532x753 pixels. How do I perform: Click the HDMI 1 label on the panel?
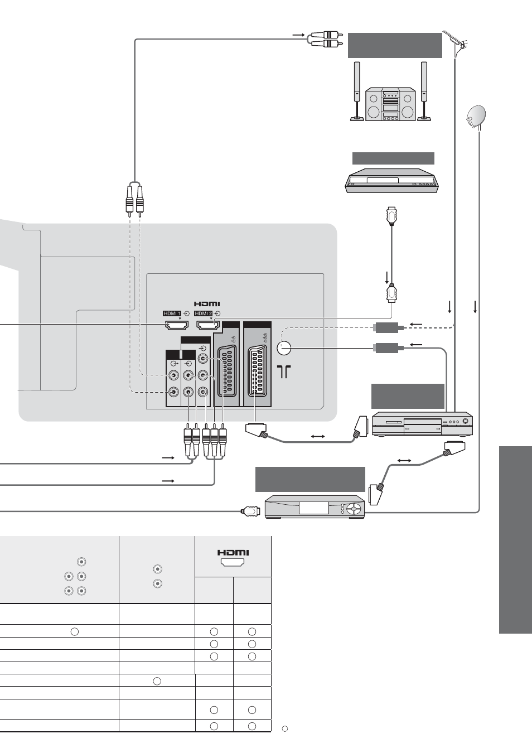coord(172,313)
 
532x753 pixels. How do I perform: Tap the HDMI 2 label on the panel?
coord(204,313)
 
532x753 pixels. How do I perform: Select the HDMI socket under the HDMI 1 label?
coord(176,325)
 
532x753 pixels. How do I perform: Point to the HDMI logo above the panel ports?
coord(207,304)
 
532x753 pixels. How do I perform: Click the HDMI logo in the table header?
coord(233,552)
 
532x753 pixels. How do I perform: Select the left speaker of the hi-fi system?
coord(356,91)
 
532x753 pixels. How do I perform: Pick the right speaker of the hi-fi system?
coord(424,91)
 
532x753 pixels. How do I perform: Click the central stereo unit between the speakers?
coord(390,104)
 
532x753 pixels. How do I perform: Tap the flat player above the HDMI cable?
coord(392,181)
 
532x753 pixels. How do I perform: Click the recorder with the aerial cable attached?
coord(423,424)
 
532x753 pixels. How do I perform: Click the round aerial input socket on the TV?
coord(284,348)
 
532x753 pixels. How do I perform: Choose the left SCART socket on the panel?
coord(227,372)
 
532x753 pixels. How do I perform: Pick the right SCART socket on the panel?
coord(257,372)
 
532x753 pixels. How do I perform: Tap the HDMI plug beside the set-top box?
coord(251,511)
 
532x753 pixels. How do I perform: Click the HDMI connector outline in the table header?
coord(233,562)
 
